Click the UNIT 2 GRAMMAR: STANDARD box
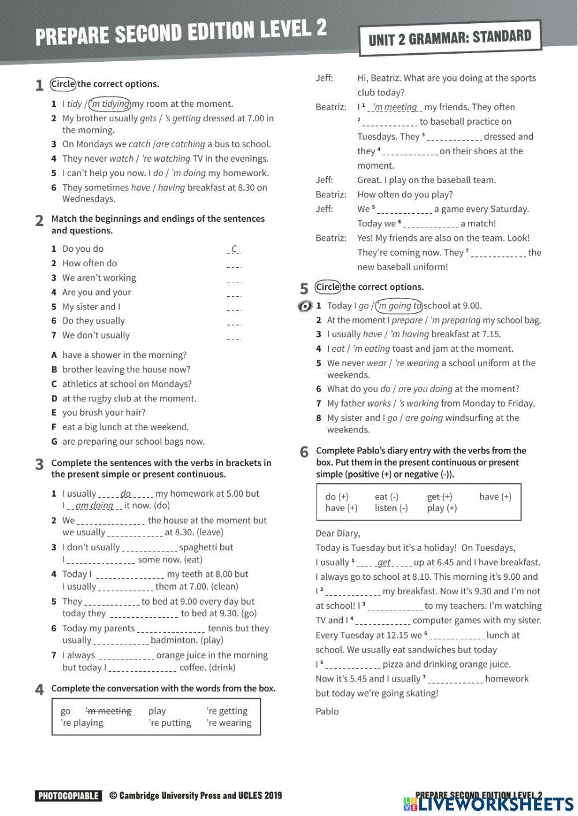(450, 38)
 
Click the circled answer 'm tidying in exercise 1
(110, 104)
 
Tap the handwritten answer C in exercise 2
(234, 249)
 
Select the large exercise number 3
(39, 464)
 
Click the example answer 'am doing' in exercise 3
(94, 505)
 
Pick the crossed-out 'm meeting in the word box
(109, 711)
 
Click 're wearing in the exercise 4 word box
(229, 723)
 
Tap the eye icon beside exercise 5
(305, 306)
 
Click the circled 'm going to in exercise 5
(399, 305)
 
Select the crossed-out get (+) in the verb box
(439, 497)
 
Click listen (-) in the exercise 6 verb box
(391, 508)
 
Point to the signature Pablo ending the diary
(327, 711)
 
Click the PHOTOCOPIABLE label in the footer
(68, 796)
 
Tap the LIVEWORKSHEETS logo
(488, 804)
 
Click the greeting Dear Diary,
(338, 533)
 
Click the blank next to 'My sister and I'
(234, 308)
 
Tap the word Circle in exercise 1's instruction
(63, 84)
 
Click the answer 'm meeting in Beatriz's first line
(395, 107)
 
